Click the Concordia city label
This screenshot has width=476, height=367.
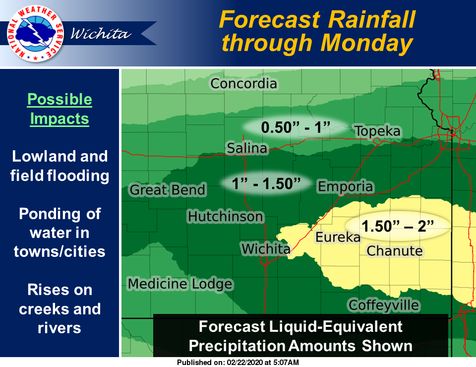(243, 83)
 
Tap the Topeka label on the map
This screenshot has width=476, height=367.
(377, 131)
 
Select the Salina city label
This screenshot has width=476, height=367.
(247, 148)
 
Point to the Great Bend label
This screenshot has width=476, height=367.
(167, 189)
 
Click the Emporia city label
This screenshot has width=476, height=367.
(345, 186)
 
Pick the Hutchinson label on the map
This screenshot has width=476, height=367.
(225, 217)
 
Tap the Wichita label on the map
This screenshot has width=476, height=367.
(266, 248)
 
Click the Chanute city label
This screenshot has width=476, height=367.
(394, 250)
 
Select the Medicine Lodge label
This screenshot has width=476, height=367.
(180, 284)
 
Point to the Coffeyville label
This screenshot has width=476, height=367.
(383, 305)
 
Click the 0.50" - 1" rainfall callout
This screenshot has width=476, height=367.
(296, 127)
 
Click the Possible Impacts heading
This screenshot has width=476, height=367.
(59, 109)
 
